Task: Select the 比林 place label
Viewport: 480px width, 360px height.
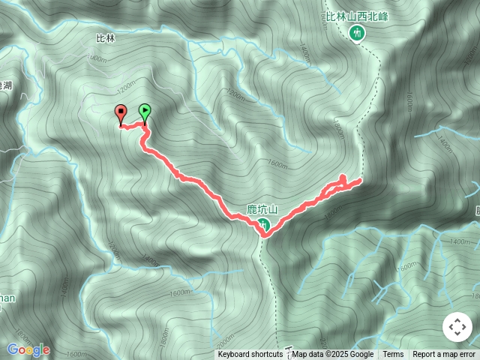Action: pyautogui.click(x=106, y=37)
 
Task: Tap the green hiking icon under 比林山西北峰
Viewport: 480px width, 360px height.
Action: pyautogui.click(x=356, y=32)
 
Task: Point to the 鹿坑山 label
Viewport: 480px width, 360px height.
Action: pyautogui.click(x=262, y=210)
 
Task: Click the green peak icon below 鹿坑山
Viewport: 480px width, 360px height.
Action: pyautogui.click(x=263, y=224)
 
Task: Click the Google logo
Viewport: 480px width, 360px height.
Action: pyautogui.click(x=28, y=349)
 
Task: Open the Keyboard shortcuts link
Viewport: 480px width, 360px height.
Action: pyautogui.click(x=250, y=355)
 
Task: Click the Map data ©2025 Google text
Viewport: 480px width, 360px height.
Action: pyautogui.click(x=333, y=355)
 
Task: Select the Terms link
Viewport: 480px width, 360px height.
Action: pyautogui.click(x=393, y=355)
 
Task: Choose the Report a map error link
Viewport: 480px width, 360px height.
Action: pyautogui.click(x=444, y=355)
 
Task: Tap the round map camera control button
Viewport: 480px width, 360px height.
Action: pyautogui.click(x=457, y=327)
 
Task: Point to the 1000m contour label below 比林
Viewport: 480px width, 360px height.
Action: pyautogui.click(x=97, y=58)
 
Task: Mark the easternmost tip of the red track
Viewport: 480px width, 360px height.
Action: pyautogui.click(x=361, y=180)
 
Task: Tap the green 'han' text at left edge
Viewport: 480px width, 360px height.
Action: pyautogui.click(x=6, y=298)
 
